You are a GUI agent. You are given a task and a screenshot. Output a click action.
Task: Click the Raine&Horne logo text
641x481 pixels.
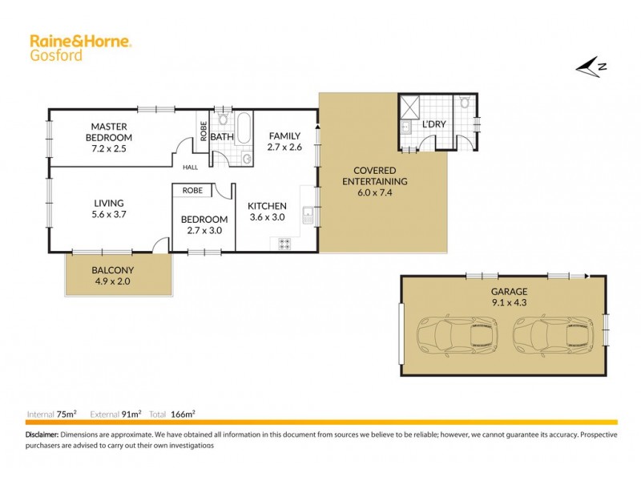(80, 40)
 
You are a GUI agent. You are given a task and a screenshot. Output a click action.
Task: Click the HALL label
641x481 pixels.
(190, 167)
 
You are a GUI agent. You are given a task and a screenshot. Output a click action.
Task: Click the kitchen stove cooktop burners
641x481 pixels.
(284, 244)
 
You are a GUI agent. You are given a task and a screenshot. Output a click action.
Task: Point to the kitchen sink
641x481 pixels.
(308, 214)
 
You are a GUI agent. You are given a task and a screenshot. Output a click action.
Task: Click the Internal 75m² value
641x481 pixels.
(67, 414)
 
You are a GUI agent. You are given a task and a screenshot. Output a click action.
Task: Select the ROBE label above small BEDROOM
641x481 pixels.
(192, 191)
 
